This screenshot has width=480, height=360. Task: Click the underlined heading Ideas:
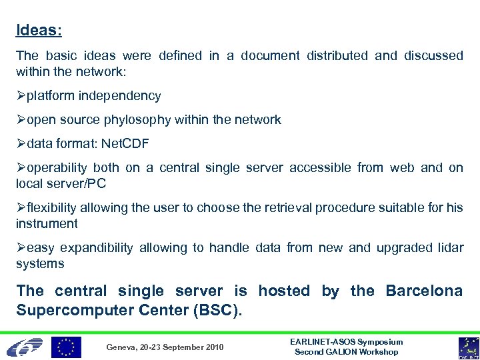(x=39, y=31)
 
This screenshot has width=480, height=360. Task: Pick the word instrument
(x=47, y=223)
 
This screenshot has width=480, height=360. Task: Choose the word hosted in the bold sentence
(x=284, y=291)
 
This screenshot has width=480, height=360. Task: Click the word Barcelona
(x=424, y=291)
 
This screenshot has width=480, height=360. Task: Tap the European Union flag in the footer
(x=67, y=347)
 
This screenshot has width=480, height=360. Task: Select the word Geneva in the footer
(x=120, y=347)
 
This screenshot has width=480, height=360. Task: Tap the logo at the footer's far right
(x=467, y=347)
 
